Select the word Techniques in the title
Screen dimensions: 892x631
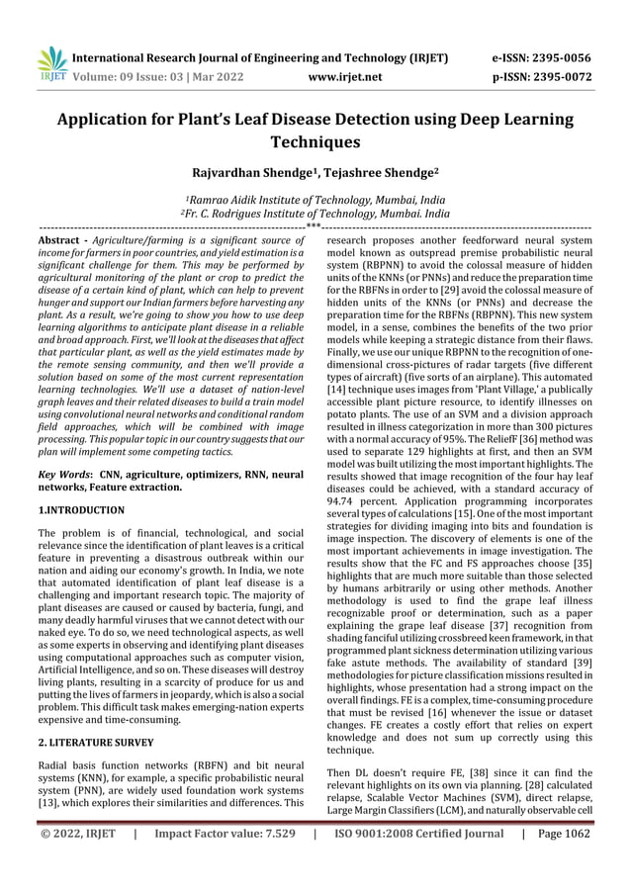(315, 143)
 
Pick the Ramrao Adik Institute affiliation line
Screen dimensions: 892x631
(315, 199)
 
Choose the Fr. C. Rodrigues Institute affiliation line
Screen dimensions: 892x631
(315, 213)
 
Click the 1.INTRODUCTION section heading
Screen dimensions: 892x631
(81, 510)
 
